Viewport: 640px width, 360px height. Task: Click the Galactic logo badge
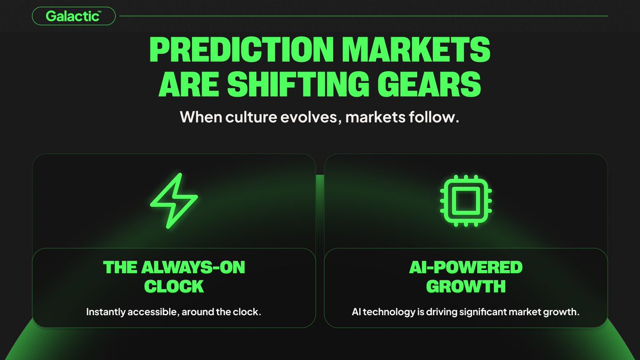click(74, 17)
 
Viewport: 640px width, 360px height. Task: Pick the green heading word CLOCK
click(174, 286)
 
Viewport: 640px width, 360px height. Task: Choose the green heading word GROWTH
click(466, 286)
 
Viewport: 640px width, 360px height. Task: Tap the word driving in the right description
click(441, 311)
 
